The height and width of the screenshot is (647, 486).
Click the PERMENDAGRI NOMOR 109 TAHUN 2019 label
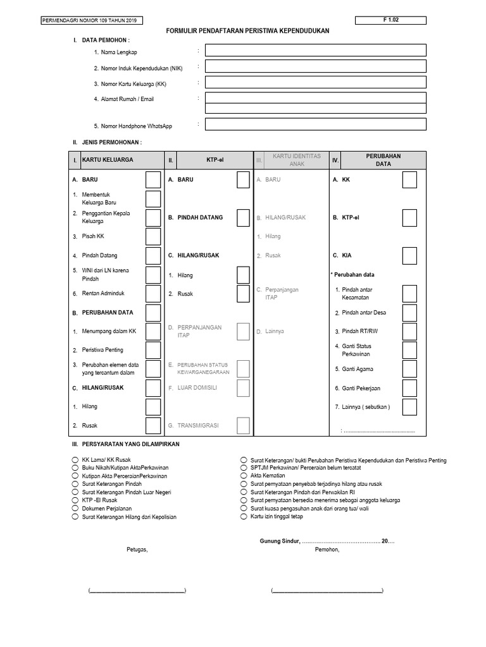pos(90,21)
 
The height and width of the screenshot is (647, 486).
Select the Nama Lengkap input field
pos(315,50)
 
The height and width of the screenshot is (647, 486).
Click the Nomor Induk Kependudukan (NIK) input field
pos(315,66)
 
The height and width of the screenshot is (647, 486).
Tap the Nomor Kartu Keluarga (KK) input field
pos(315,82)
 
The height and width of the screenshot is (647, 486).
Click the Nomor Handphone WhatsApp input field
pos(315,124)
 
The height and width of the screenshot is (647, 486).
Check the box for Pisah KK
pos(153,236)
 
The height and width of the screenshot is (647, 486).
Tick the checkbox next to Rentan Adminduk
pos(153,294)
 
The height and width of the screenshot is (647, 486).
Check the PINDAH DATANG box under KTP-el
pos(243,217)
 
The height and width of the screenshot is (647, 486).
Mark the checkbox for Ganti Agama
pos(409,369)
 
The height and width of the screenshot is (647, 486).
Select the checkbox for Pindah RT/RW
pos(409,331)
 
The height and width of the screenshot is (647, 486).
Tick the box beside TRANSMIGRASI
pos(243,426)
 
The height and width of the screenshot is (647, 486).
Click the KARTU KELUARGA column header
pos(108,160)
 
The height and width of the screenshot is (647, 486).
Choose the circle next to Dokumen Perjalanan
pos(75,509)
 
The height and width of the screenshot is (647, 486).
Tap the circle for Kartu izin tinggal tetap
pos(244,517)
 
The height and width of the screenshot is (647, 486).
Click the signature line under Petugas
pos(137,591)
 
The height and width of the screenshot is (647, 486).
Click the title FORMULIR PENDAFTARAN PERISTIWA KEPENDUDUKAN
pos(248,31)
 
